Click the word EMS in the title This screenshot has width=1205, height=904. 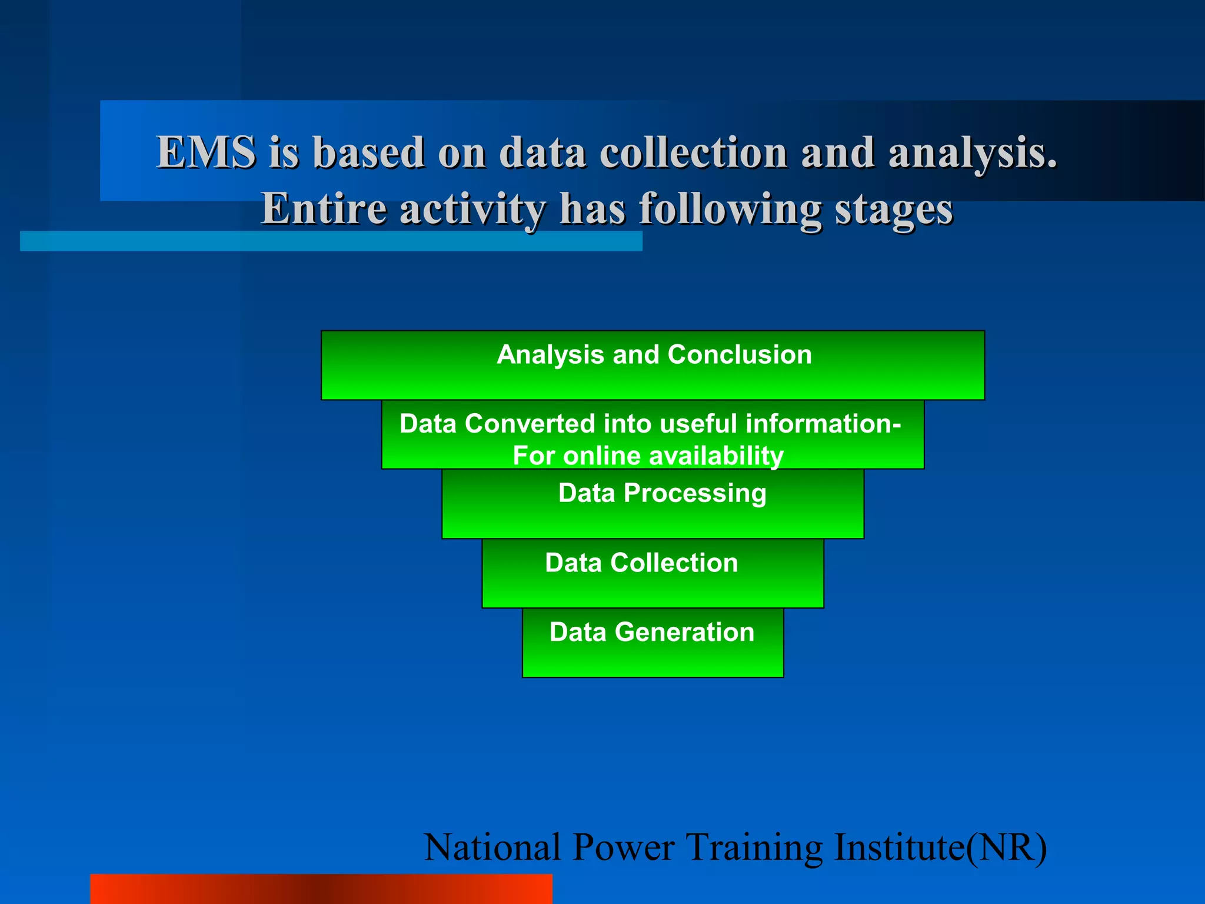point(206,152)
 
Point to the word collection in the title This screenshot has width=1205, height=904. point(693,152)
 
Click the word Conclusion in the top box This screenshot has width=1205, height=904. point(740,355)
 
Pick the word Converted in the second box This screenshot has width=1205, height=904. point(530,424)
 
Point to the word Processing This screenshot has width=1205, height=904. point(695,493)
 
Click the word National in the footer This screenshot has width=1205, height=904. point(492,847)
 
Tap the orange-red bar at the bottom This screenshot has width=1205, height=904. point(321,889)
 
